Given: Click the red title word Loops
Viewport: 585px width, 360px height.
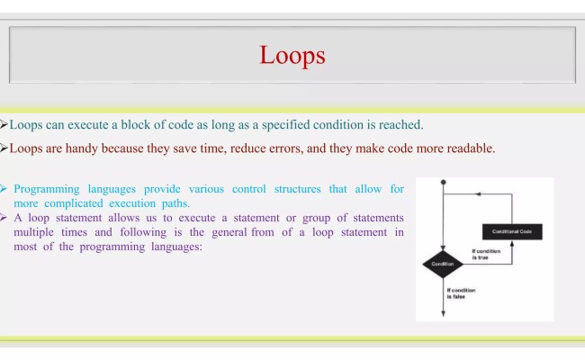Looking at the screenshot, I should coord(292,56).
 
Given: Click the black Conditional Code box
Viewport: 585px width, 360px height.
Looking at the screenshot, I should coord(511,231).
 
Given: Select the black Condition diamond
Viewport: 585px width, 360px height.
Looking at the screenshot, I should coord(443,265).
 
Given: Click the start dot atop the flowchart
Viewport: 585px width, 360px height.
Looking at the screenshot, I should coord(443,182).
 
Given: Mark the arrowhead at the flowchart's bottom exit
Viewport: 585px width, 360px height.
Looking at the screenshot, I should coord(443,313).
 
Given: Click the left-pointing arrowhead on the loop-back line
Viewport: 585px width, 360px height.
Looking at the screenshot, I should coord(478,194).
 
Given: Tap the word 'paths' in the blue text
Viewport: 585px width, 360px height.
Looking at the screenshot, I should coord(173,203).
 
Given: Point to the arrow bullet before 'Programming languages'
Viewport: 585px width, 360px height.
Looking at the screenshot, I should coord(4,189).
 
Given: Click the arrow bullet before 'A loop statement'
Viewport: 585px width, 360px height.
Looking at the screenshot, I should coord(4,218).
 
